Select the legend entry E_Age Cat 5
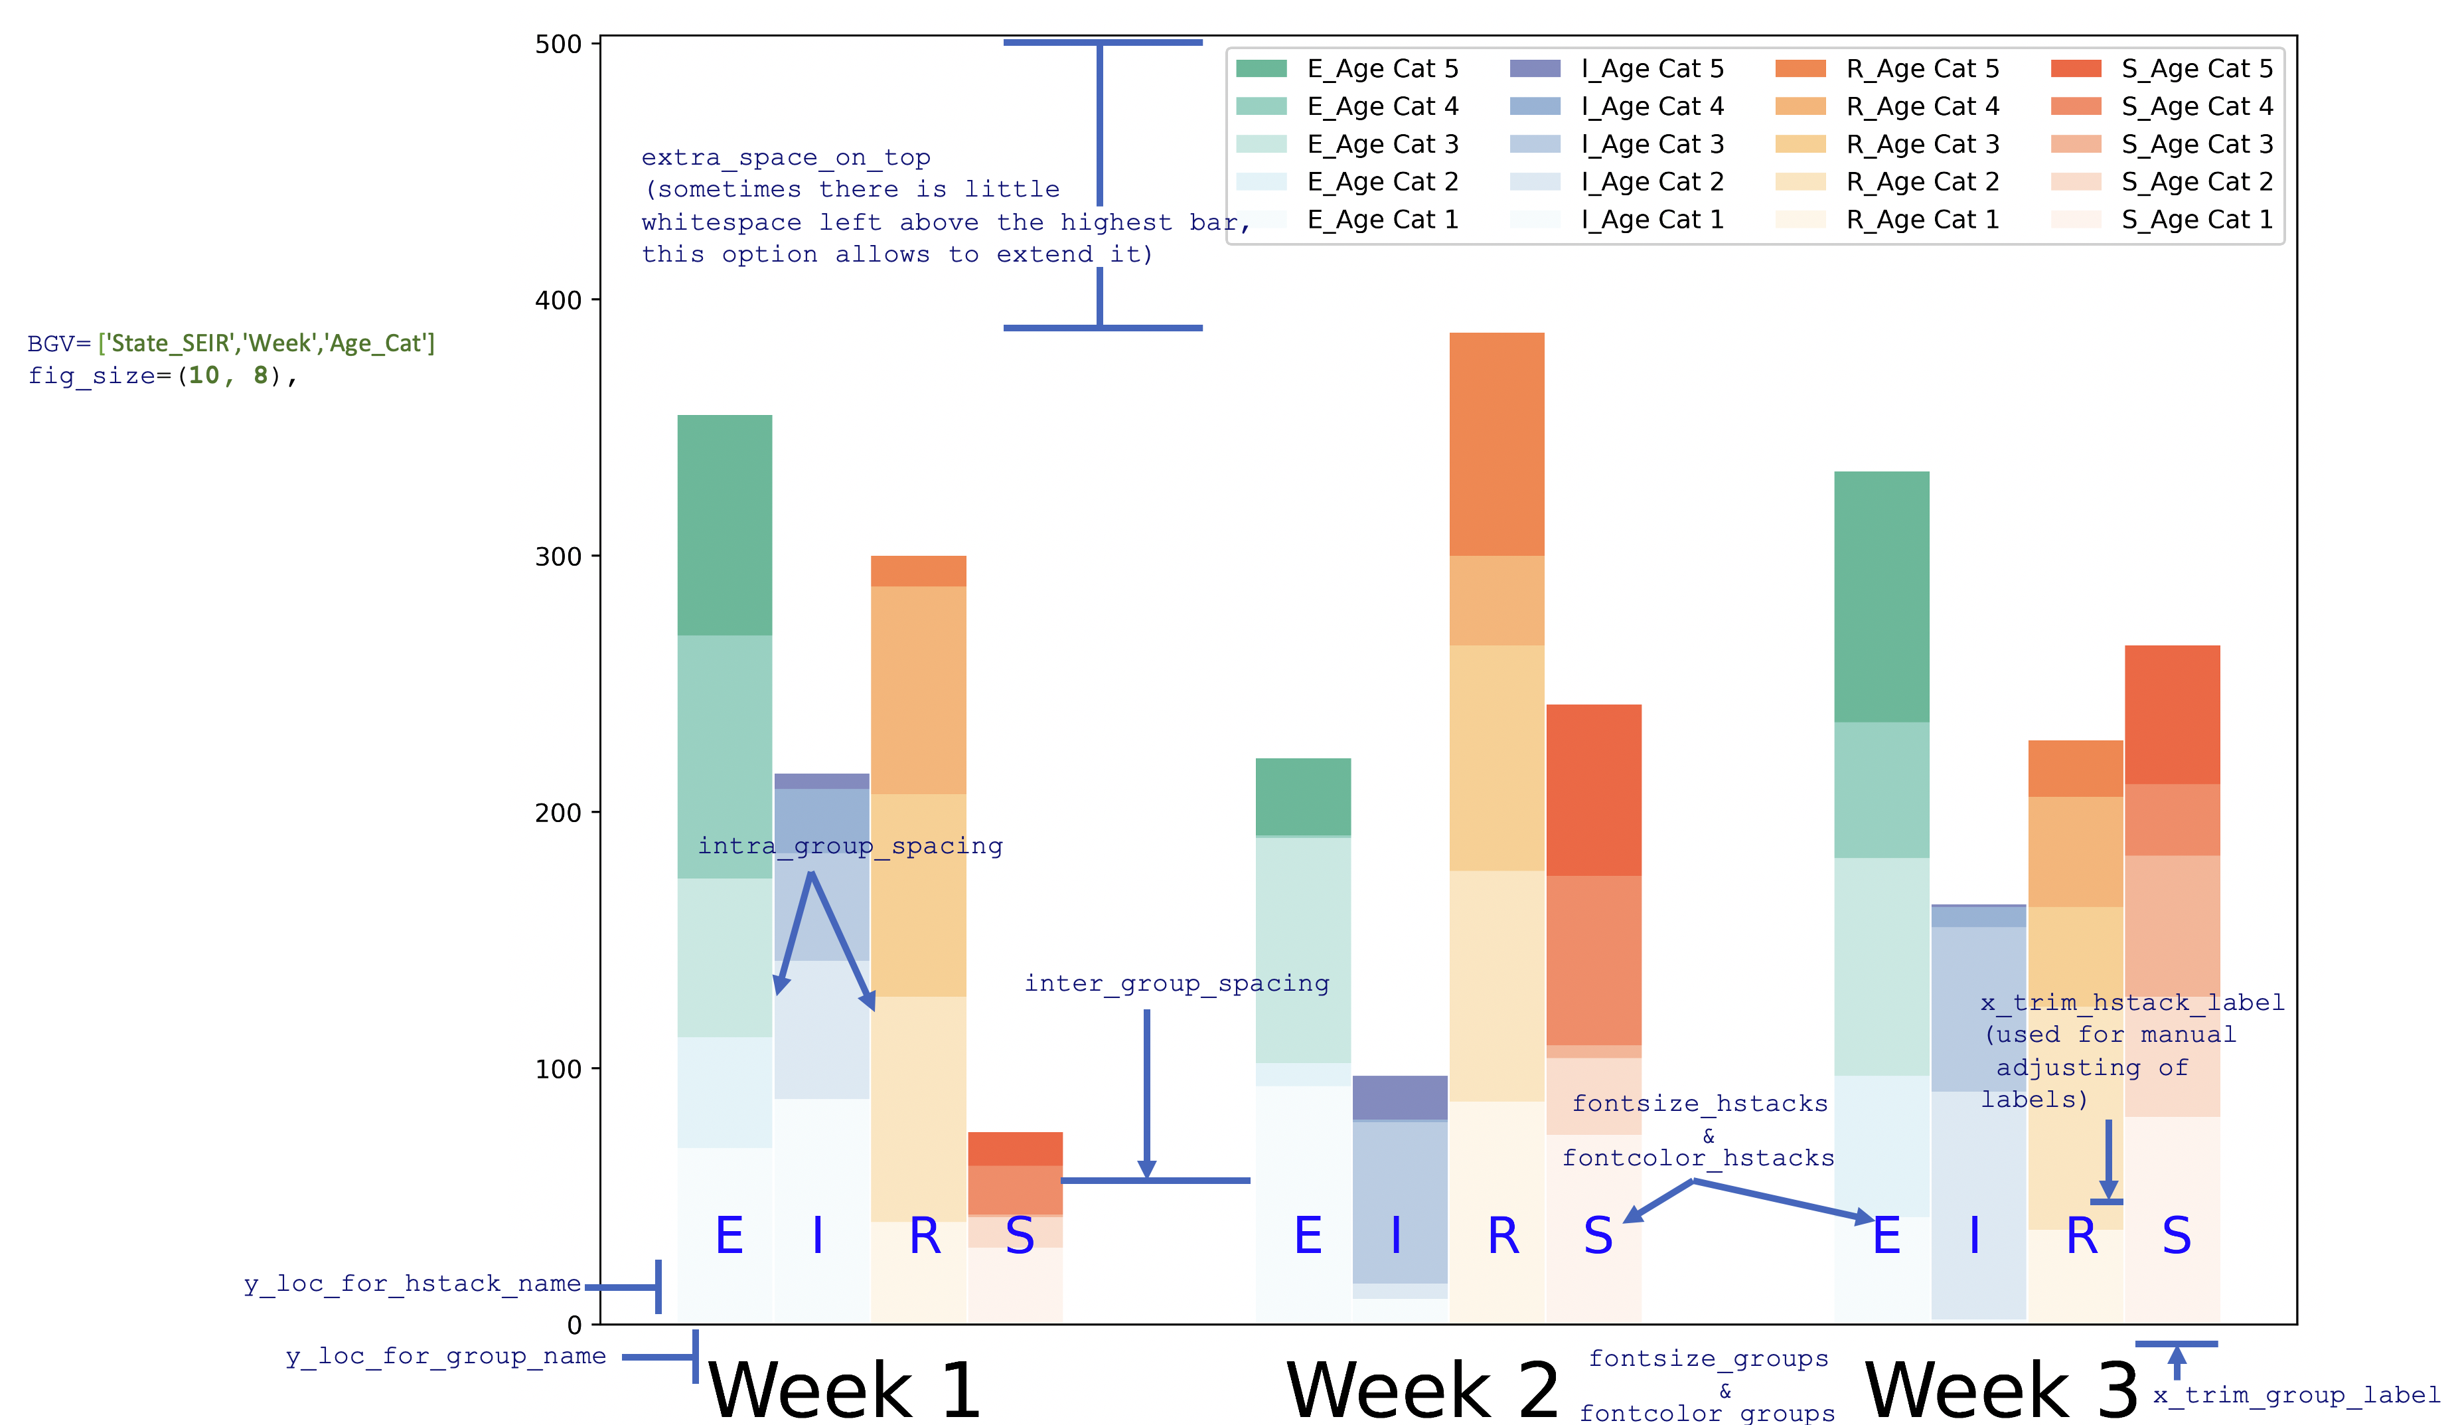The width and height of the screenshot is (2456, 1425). pos(1382,69)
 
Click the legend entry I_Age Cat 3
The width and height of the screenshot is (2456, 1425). pos(1652,144)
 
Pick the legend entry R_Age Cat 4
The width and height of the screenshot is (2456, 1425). pos(1922,106)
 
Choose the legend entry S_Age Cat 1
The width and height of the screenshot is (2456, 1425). pos(2196,220)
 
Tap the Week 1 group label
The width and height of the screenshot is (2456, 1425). pos(844,1390)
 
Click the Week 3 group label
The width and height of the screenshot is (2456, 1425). pos(2000,1390)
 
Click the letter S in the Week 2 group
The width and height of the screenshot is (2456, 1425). pos(1598,1236)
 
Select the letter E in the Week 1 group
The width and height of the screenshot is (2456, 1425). pos(729,1236)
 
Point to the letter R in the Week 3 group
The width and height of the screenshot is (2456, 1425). pos(2082,1236)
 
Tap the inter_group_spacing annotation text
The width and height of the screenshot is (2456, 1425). pos(1176,983)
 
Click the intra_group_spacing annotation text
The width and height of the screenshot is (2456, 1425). pos(850,846)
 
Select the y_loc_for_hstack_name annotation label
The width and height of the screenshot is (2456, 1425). pos(412,1284)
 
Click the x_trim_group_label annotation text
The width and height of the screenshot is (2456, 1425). pos(2304,1394)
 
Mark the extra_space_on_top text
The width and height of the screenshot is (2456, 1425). pos(785,158)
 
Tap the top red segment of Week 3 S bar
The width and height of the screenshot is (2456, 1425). pos(2173,714)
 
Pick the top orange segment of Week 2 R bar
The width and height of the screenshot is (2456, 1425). pos(1496,444)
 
